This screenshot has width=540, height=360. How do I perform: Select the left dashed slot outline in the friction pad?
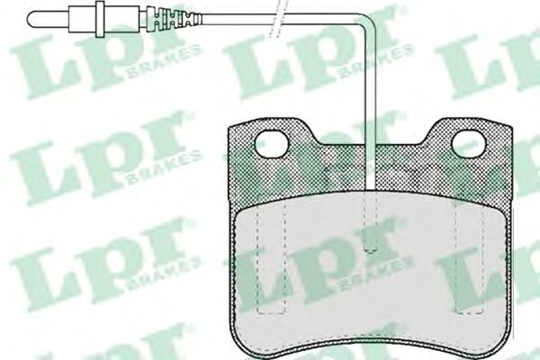point(263,261)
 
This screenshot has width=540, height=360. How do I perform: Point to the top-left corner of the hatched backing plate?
point(226,126)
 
